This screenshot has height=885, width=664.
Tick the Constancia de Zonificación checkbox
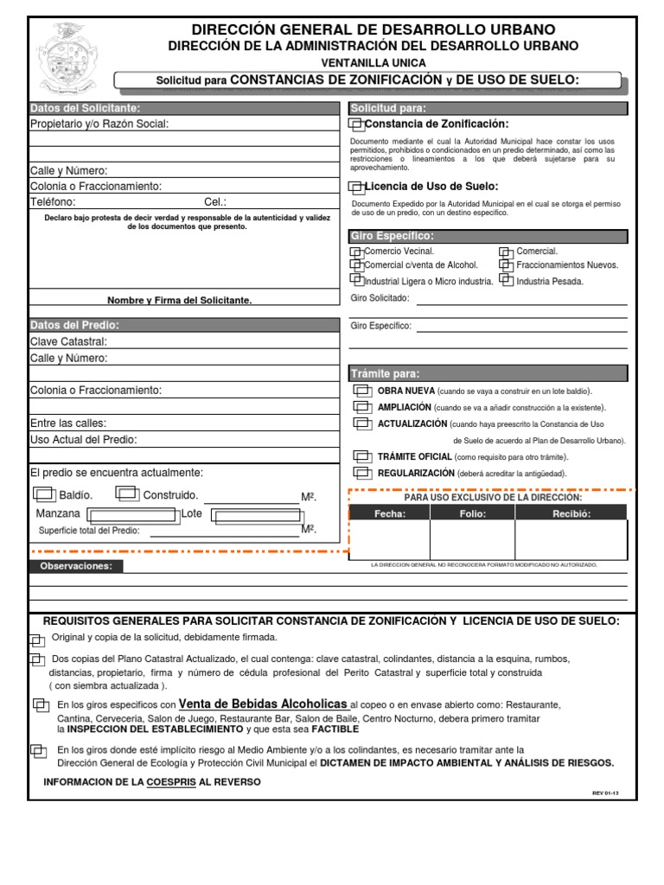pyautogui.click(x=356, y=125)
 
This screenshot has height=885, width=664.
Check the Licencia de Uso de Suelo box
pyautogui.click(x=356, y=187)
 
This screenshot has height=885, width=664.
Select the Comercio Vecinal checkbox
pyautogui.click(x=356, y=251)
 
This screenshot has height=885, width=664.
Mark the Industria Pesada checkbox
pyautogui.click(x=507, y=281)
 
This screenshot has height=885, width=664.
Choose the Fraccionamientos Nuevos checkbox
pyautogui.click(x=507, y=266)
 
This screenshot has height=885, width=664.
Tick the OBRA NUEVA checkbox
pyautogui.click(x=362, y=392)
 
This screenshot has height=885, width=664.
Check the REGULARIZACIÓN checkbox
pyautogui.click(x=362, y=474)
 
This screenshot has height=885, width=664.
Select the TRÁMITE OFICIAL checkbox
pyautogui.click(x=362, y=456)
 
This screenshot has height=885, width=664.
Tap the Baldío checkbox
pyautogui.click(x=44, y=495)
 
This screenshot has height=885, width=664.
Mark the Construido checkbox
pyautogui.click(x=128, y=495)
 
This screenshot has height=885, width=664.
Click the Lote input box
pyautogui.click(x=258, y=517)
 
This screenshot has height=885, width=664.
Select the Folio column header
pyautogui.click(x=472, y=513)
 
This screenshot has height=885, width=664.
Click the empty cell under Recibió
pyautogui.click(x=571, y=540)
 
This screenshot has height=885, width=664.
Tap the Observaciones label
pyautogui.click(x=77, y=566)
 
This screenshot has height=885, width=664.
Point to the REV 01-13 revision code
pyautogui.click(x=605, y=793)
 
